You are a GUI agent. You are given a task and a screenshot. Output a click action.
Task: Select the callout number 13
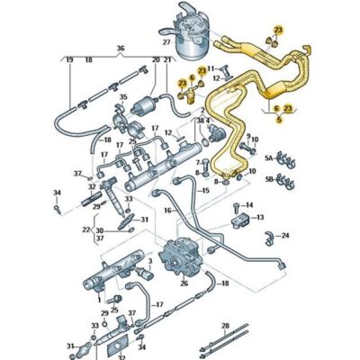coord(260,217)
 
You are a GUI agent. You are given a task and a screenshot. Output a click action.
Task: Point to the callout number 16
coord(167,210)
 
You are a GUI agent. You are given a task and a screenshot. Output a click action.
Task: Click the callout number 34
coord(56,193)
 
